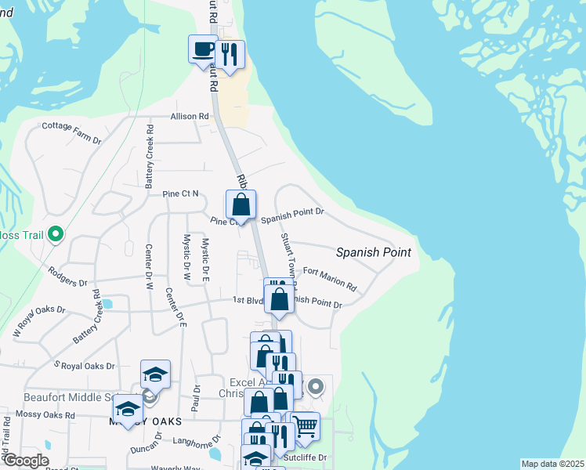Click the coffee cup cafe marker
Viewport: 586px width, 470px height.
(203, 49)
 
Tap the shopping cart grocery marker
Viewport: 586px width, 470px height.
(305, 426)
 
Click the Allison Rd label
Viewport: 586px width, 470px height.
(190, 116)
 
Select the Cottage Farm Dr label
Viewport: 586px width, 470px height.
(71, 132)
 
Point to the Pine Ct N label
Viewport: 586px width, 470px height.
(180, 193)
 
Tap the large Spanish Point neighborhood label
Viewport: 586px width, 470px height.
(374, 252)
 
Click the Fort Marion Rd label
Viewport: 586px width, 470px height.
(329, 279)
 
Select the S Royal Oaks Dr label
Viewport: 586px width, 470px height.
(84, 366)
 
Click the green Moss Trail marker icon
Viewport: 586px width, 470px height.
(56, 234)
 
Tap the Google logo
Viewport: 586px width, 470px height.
(26, 461)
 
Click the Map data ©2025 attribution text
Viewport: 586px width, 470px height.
(552, 464)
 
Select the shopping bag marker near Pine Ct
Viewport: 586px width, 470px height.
(241, 205)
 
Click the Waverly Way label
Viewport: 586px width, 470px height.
(177, 468)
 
